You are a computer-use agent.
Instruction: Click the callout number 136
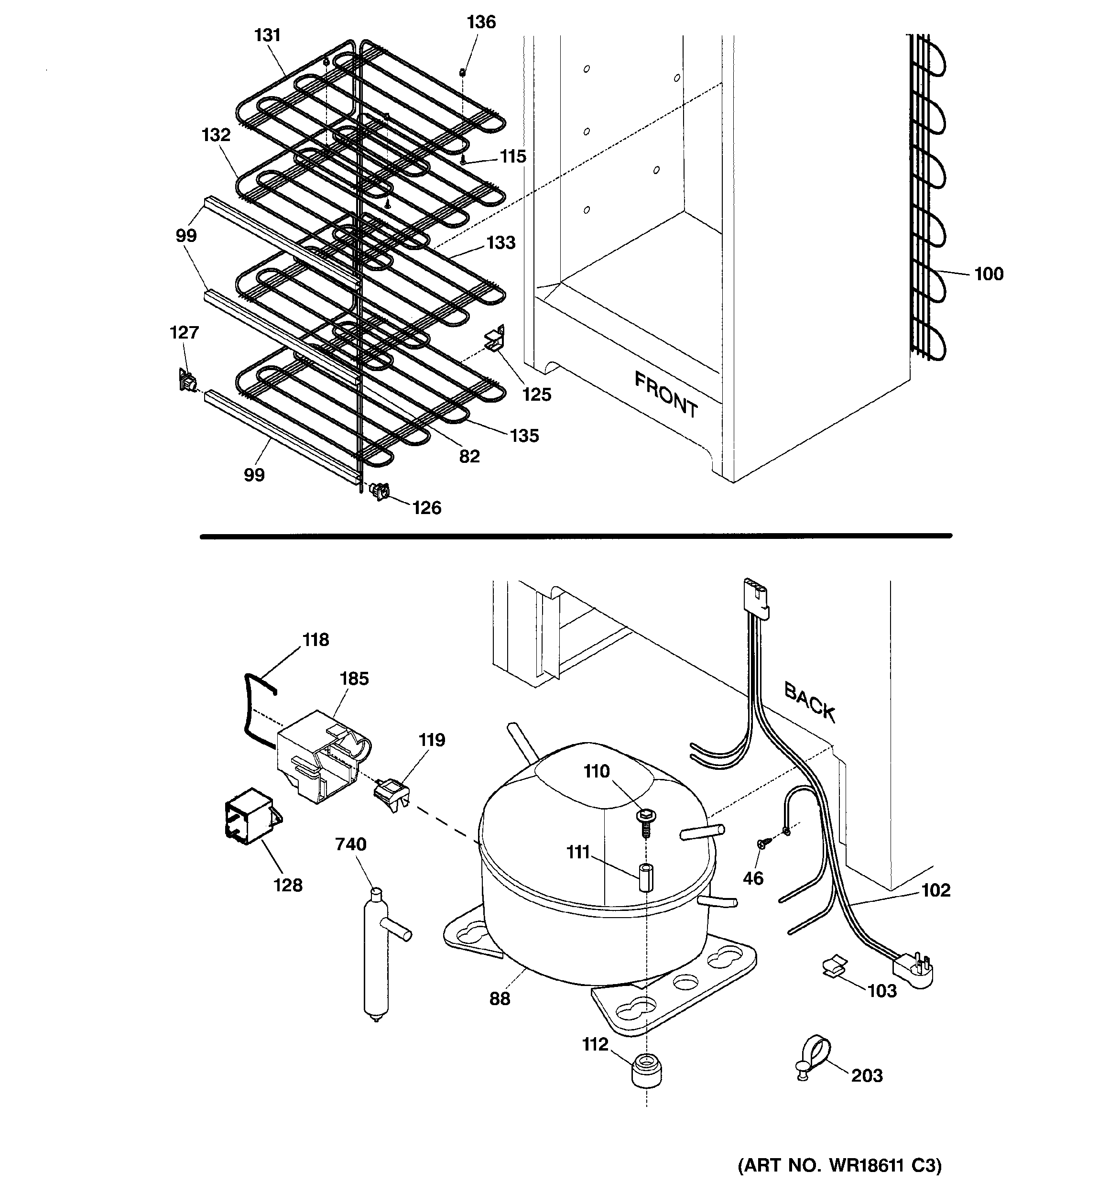(x=481, y=22)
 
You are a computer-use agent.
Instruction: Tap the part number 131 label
(x=267, y=36)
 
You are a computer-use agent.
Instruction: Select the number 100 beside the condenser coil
(x=988, y=274)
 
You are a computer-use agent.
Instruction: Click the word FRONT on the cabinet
(x=666, y=394)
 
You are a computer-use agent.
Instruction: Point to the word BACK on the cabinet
(x=809, y=702)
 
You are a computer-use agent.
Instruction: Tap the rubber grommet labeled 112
(x=646, y=1071)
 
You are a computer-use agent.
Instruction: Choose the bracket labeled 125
(x=495, y=339)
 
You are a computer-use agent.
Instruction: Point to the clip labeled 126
(x=380, y=492)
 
